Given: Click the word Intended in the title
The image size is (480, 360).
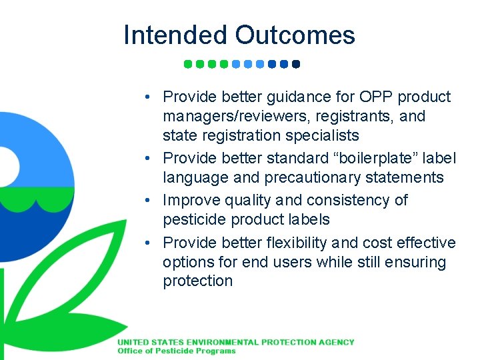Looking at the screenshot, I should pyautogui.click(x=175, y=35).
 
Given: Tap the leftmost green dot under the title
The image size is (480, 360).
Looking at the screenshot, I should pyautogui.click(x=188, y=65).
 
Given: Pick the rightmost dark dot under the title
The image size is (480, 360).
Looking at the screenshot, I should pyautogui.click(x=296, y=65).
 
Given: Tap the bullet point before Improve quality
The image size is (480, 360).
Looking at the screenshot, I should pyautogui.click(x=153, y=200).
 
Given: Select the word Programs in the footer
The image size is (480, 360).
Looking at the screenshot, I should pyautogui.click(x=214, y=351).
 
